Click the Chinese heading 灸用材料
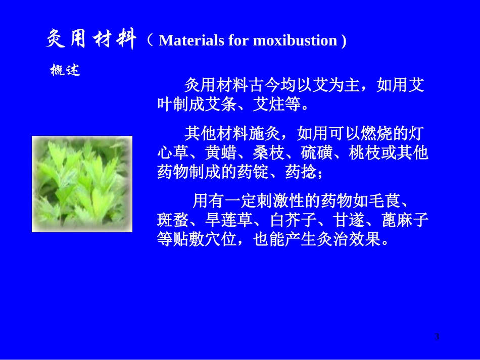91,39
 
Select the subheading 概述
65,71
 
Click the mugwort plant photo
82,184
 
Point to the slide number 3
437,337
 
